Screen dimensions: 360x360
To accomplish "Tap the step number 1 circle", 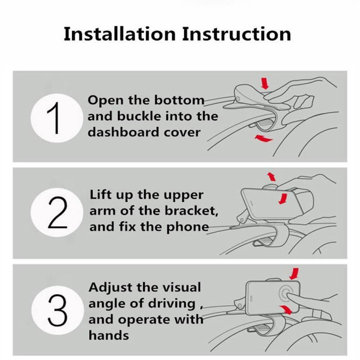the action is pyautogui.click(x=57, y=118).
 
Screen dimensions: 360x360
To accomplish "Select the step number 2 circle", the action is pyautogui.click(x=57, y=213).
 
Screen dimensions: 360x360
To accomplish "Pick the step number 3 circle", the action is pyautogui.click(x=57, y=310).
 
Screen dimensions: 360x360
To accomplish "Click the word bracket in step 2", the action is pyautogui.click(x=192, y=211).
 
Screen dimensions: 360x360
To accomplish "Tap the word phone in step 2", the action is pyautogui.click(x=187, y=227).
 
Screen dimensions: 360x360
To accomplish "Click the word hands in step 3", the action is pyautogui.click(x=109, y=335).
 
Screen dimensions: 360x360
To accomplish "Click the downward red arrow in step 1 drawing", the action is pyautogui.click(x=265, y=83).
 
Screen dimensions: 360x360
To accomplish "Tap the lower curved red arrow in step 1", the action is pyautogui.click(x=264, y=138).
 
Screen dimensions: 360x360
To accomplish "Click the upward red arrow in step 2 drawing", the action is pyautogui.click(x=271, y=176).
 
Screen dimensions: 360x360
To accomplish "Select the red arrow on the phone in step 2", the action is pyautogui.click(x=283, y=199).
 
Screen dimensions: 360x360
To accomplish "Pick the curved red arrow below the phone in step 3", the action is pyautogui.click(x=286, y=309).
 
